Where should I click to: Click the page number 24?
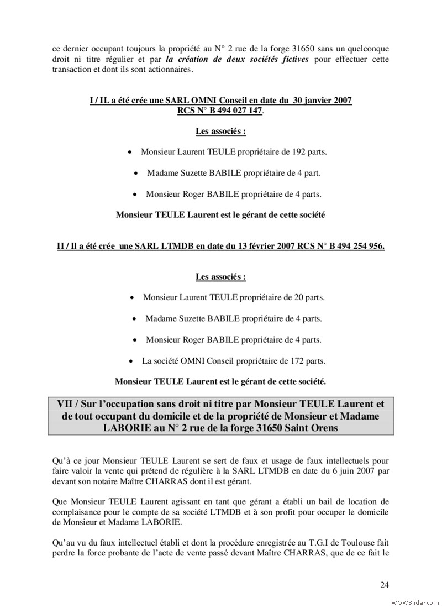[385, 584]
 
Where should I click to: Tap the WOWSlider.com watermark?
[414, 601]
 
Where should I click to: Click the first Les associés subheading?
[220, 132]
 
